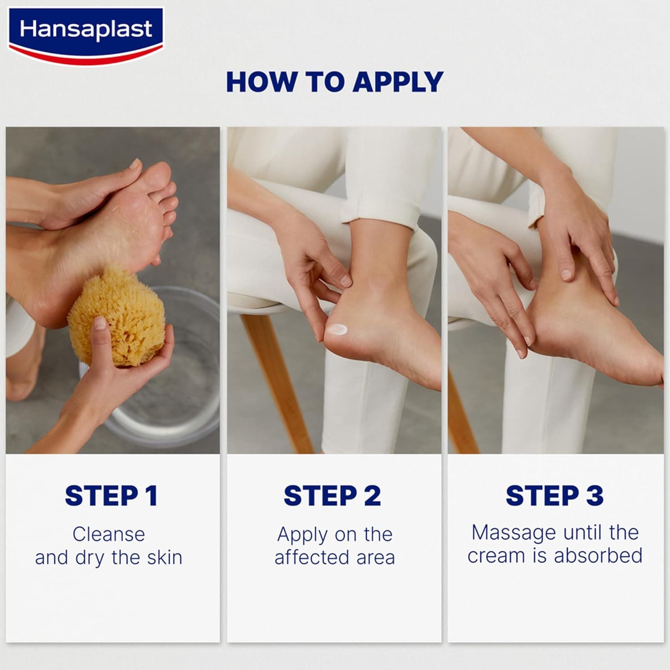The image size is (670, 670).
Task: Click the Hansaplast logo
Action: click(x=86, y=36)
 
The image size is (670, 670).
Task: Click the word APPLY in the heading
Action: click(x=398, y=82)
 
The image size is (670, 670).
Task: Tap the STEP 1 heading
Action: click(x=111, y=496)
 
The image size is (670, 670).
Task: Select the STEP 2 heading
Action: click(x=332, y=496)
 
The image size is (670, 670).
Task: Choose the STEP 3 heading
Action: click(x=554, y=496)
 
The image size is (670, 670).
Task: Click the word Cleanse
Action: click(x=109, y=534)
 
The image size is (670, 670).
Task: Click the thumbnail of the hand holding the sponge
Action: click(x=99, y=322)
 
